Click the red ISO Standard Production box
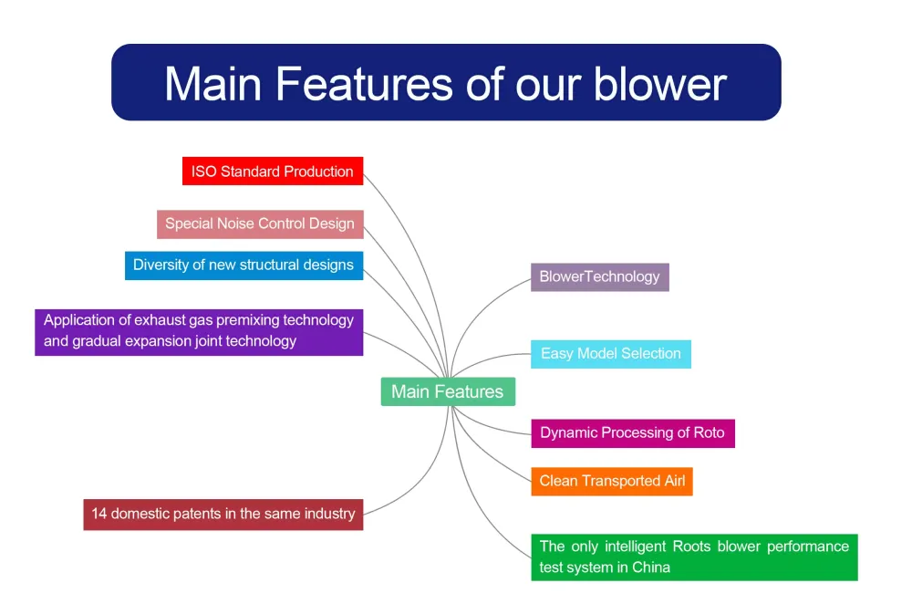coord(273,172)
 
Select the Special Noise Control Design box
coord(260,224)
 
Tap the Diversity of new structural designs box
coord(244,265)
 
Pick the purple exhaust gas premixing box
coord(199,332)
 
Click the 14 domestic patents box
coord(223,515)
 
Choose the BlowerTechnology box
coord(600,277)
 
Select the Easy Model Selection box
coord(611,354)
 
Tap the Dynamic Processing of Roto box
coord(633,433)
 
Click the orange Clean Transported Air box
coord(612,482)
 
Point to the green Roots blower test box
coord(694,557)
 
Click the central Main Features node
coord(448,391)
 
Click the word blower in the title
coord(660,84)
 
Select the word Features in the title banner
coord(364,84)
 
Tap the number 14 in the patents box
coord(99,514)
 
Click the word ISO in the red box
coord(203,172)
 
